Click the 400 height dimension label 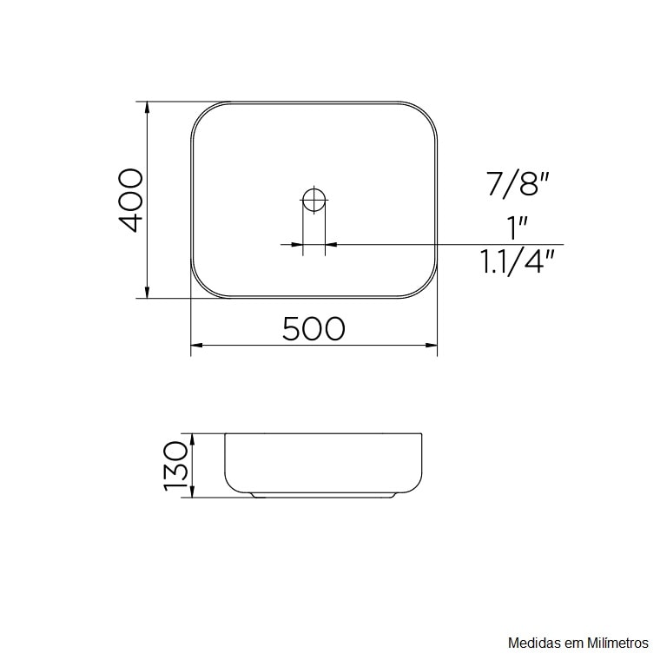click(x=129, y=201)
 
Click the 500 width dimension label click(x=313, y=328)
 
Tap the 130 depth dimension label click(x=175, y=465)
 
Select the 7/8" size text click(x=518, y=185)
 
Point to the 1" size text click(x=518, y=228)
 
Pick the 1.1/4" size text click(x=518, y=261)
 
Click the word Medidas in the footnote click(x=532, y=643)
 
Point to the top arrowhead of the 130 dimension click(x=194, y=437)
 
